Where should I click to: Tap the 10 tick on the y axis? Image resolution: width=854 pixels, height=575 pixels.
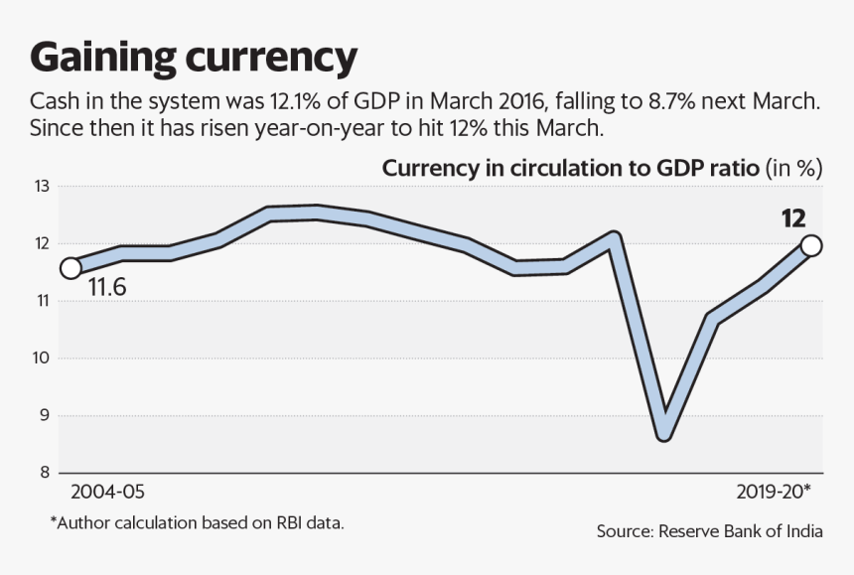[40, 358]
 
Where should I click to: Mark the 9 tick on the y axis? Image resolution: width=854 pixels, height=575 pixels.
[43, 415]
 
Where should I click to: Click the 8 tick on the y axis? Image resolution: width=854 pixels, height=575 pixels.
[43, 473]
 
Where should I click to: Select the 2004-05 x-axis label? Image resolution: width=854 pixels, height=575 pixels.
[107, 493]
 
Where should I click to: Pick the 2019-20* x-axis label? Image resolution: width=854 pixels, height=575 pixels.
[774, 493]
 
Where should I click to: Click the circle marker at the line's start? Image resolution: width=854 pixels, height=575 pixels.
[71, 268]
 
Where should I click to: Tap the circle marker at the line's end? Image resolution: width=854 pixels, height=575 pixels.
[811, 245]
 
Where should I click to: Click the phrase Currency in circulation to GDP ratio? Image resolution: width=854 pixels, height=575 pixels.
[570, 168]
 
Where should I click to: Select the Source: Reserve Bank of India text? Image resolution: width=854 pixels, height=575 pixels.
[709, 531]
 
